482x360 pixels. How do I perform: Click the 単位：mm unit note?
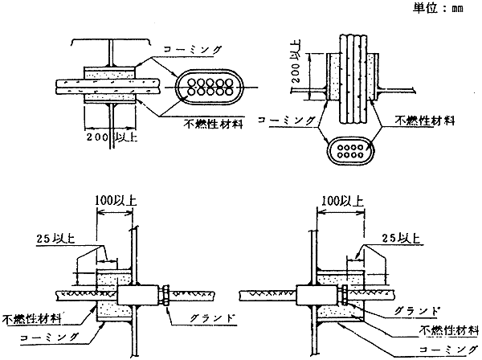(x=438, y=8)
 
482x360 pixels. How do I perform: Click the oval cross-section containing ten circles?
(x=210, y=88)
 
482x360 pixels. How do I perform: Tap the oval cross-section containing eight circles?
(x=350, y=151)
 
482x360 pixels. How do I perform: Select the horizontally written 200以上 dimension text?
(x=112, y=137)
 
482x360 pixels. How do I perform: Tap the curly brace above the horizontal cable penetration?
(x=110, y=42)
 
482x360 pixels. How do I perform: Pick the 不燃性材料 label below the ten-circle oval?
(x=214, y=124)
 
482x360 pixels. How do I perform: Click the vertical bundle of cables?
(x=353, y=79)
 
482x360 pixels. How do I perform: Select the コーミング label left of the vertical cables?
(x=287, y=120)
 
